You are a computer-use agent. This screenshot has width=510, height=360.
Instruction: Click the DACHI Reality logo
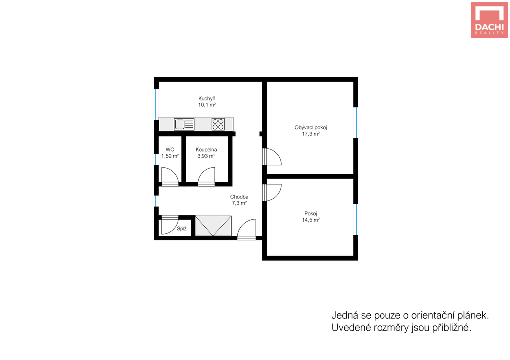point(489,20)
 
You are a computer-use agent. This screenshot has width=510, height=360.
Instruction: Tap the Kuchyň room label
point(207,98)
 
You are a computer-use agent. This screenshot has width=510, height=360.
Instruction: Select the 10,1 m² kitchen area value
point(207,105)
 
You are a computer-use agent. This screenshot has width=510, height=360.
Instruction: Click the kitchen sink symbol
point(184,124)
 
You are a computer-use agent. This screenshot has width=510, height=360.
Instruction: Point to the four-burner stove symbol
point(218,124)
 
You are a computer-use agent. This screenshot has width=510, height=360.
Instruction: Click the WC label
point(170,149)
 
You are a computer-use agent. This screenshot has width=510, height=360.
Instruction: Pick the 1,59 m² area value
point(170,156)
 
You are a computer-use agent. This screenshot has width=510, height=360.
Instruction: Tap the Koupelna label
point(206,149)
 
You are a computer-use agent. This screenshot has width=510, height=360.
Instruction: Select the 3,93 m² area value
point(206,156)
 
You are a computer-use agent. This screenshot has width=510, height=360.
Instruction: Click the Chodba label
point(239,197)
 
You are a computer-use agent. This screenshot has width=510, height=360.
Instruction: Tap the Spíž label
point(182,229)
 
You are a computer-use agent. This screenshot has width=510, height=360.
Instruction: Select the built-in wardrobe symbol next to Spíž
point(213,226)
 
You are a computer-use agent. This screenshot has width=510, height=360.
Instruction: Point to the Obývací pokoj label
point(311,128)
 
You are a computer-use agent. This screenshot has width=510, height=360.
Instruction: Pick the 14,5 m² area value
point(311,220)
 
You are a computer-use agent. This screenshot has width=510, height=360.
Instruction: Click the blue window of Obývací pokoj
point(356,122)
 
